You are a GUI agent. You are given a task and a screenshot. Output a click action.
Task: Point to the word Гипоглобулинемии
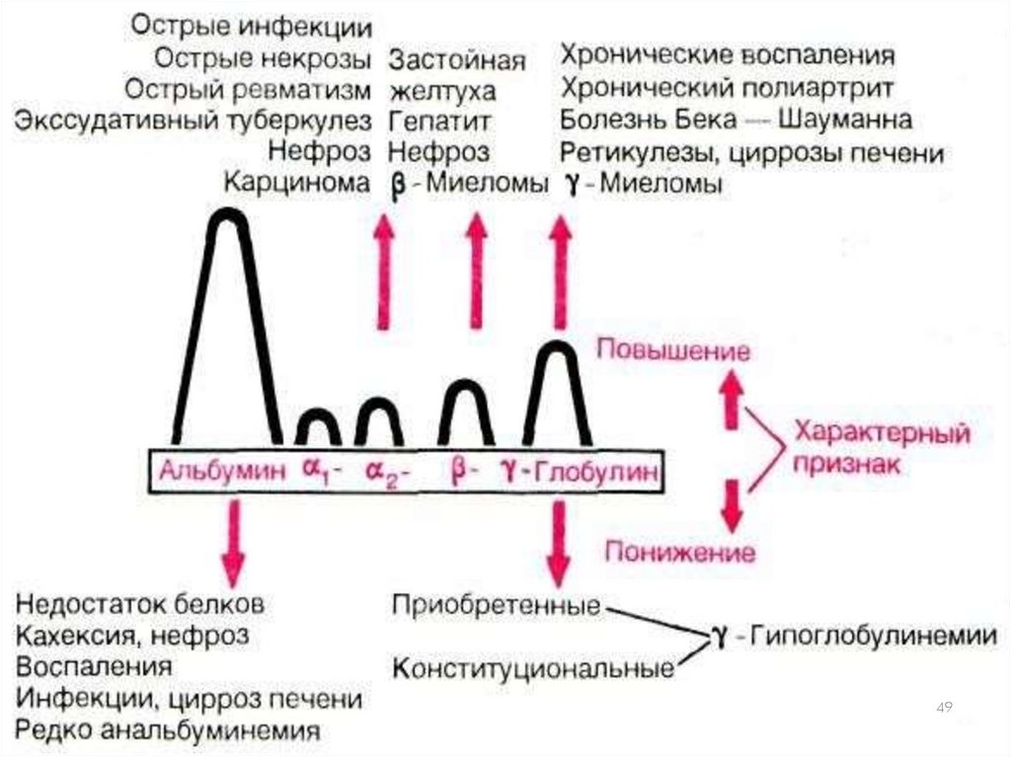874,636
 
